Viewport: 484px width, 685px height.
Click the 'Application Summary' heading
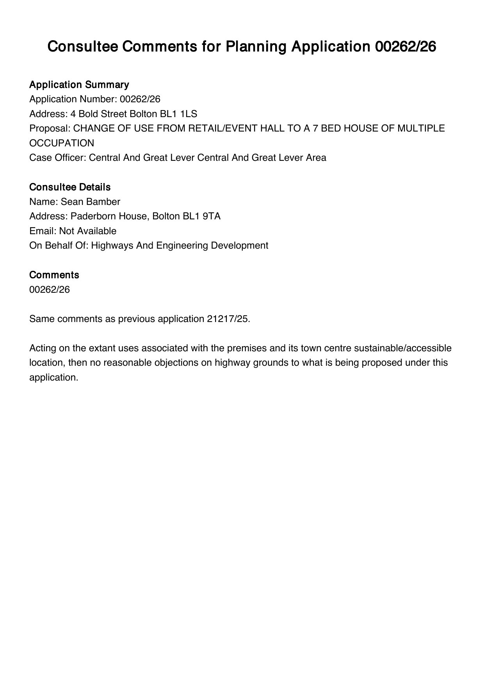(x=79, y=85)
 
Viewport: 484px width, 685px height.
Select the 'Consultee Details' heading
(x=70, y=187)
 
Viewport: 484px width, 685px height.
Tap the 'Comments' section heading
(x=54, y=275)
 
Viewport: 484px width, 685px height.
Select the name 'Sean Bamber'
(x=91, y=202)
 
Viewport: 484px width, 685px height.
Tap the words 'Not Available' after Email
(x=88, y=231)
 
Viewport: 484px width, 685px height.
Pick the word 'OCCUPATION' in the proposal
(x=62, y=143)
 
